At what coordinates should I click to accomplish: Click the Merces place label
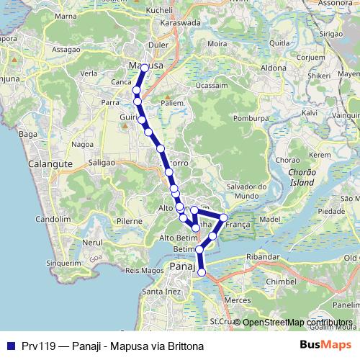(x=237, y=299)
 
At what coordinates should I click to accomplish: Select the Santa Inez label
(x=162, y=292)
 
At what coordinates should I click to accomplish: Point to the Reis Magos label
(x=140, y=271)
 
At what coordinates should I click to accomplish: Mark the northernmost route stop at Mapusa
(x=145, y=68)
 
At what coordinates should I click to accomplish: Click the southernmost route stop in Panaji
(x=202, y=272)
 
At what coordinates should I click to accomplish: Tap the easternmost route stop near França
(x=224, y=217)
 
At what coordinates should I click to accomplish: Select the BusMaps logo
(x=323, y=346)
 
